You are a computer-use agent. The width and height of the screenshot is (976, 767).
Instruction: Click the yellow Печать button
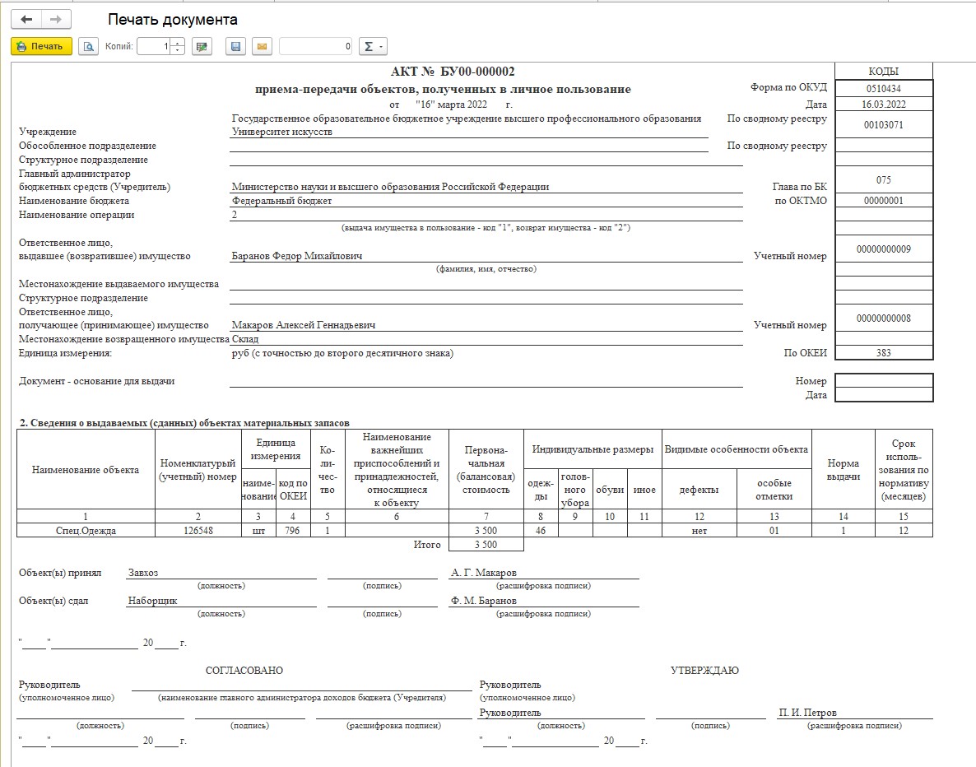tap(41, 47)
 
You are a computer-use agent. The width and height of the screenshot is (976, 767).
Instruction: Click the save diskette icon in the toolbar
tap(236, 47)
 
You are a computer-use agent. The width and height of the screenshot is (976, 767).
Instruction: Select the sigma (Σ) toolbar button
tap(373, 47)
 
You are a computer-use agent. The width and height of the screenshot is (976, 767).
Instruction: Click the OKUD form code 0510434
tap(883, 88)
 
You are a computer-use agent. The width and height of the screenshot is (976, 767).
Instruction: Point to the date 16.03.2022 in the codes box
tap(883, 105)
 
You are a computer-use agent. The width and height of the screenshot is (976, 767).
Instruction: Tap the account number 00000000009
tap(883, 249)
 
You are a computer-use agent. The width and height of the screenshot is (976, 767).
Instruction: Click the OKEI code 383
tap(883, 353)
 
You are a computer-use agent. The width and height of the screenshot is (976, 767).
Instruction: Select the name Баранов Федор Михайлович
tap(297, 256)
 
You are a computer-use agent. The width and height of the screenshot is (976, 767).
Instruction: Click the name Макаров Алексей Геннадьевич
tap(304, 325)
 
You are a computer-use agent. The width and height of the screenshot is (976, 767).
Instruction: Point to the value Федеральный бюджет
tap(281, 201)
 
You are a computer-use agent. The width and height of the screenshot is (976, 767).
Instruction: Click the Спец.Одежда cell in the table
tap(86, 531)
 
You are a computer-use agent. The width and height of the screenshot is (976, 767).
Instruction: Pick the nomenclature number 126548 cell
tap(198, 531)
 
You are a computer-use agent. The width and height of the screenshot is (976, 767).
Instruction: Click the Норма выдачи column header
tap(843, 470)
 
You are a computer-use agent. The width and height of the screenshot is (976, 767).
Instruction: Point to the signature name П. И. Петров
tap(808, 713)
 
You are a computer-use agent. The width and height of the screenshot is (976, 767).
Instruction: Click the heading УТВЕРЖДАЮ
tap(705, 671)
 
